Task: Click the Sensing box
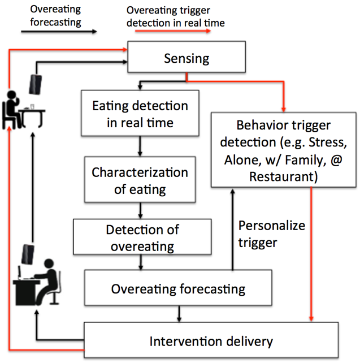pyautogui.click(x=186, y=58)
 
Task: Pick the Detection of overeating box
pyautogui.click(x=142, y=238)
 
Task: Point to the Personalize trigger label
pyautogui.click(x=271, y=233)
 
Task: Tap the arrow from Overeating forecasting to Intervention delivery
pyautogui.click(x=180, y=313)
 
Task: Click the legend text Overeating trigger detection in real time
pyautogui.click(x=175, y=16)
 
